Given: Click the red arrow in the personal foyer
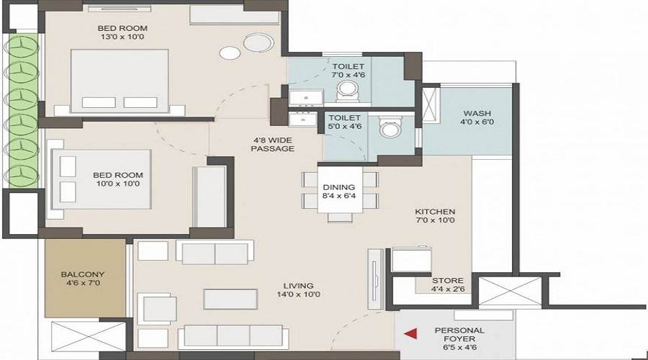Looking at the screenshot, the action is point(410,334).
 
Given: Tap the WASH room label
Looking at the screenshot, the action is point(477,113).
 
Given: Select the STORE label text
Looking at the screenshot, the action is point(448,280).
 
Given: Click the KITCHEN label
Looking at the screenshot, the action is point(435,212).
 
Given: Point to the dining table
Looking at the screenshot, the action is point(340,189).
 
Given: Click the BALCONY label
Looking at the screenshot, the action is point(83,274).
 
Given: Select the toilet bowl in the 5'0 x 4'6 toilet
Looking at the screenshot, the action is point(390,127).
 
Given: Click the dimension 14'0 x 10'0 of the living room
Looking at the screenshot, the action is point(298,294).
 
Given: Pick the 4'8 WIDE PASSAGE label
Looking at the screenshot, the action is point(273,144).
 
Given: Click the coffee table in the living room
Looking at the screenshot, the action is point(230,299).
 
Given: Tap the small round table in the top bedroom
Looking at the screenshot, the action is point(230,53).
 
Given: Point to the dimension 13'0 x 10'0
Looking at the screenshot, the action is point(122,37).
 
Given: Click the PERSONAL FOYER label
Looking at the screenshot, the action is point(459,334).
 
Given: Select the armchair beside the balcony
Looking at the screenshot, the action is point(157,308).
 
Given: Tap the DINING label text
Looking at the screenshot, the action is point(339,187).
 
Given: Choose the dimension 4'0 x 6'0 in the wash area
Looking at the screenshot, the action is point(477,122).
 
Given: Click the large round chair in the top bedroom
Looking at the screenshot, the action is point(258,43).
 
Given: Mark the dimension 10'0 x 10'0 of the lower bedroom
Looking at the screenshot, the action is point(118,184).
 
